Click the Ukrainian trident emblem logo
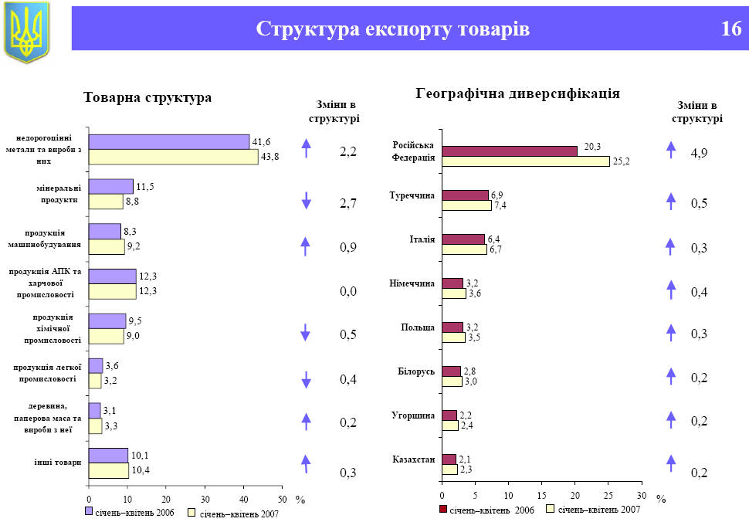point(26,32)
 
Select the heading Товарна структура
point(147,98)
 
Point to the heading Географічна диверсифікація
point(517,93)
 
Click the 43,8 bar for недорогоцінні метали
point(173,157)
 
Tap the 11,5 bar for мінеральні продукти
point(110,186)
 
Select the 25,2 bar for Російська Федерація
point(525,161)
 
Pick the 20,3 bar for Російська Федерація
point(509,151)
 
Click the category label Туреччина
point(412,196)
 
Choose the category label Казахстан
point(414,460)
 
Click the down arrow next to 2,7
point(306,202)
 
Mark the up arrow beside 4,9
point(670,150)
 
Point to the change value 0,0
point(348,292)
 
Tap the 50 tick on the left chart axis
point(282,500)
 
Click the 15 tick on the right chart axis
point(541,494)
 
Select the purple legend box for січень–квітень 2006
point(89,512)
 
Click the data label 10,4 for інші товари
point(140,470)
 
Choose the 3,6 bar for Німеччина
point(453,293)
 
